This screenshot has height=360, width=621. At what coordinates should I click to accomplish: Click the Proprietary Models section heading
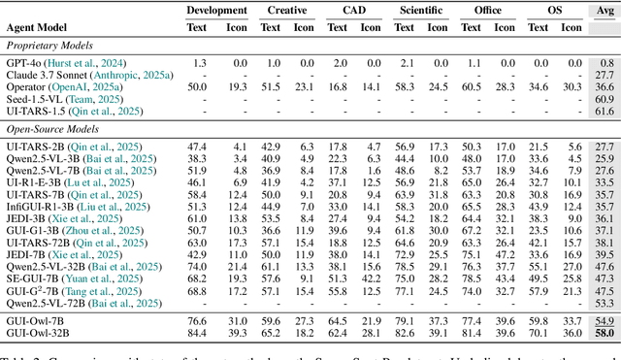(49, 46)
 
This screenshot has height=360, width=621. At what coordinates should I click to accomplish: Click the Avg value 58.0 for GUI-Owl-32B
(604, 333)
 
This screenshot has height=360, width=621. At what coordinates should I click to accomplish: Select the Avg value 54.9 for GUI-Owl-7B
(604, 320)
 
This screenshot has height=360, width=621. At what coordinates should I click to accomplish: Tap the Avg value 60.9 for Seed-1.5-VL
(604, 99)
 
